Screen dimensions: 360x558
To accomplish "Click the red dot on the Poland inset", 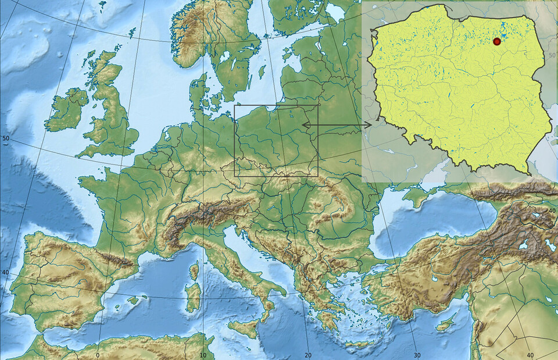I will point(496,41).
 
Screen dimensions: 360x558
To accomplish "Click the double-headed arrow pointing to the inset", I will point(337,124).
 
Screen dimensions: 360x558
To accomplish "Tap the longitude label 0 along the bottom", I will point(98,355).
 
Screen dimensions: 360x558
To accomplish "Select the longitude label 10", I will point(203,355).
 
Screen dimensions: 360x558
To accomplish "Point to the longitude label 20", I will point(308,355).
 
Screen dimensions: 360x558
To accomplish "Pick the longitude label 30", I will point(417,355).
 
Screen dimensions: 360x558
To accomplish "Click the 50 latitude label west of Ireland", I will point(6,138).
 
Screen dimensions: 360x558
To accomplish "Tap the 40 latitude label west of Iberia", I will point(6,272).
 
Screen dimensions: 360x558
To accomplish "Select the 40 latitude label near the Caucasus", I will point(552,210).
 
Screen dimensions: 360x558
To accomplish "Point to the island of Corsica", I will point(194,271).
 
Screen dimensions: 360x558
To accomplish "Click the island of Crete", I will point(360,344).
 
